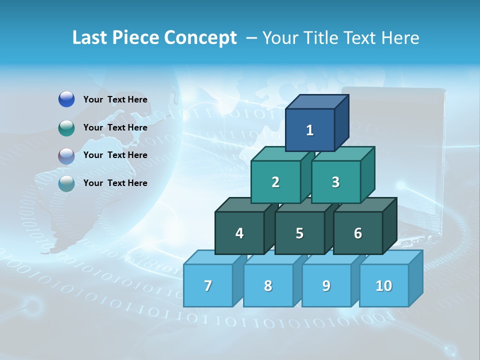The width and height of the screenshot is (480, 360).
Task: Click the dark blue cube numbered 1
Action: pos(309,130)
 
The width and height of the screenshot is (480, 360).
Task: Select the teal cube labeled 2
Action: pos(275,182)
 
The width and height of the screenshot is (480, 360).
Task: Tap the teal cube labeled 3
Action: pos(335,182)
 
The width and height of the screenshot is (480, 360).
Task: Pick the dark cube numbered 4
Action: pos(239,233)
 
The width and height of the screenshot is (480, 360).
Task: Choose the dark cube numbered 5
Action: pos(299,233)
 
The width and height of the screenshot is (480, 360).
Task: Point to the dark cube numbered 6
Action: pos(358,233)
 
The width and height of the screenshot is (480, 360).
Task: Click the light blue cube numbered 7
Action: pos(208,285)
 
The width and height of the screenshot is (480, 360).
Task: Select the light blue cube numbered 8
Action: pos(268,285)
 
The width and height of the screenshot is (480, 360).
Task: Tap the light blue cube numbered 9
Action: pos(326,285)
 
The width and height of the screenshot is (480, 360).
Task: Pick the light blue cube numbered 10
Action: pos(383,285)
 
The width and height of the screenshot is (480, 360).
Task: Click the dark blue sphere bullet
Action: pos(66,99)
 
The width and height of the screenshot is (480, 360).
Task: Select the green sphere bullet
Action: pos(66,128)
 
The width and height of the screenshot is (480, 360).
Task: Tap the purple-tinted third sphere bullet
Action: pos(66,156)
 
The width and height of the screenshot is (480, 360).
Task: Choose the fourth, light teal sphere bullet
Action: pos(66,183)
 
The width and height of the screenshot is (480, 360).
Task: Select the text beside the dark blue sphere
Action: pos(115,99)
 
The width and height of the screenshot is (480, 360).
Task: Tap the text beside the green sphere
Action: pos(115,127)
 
